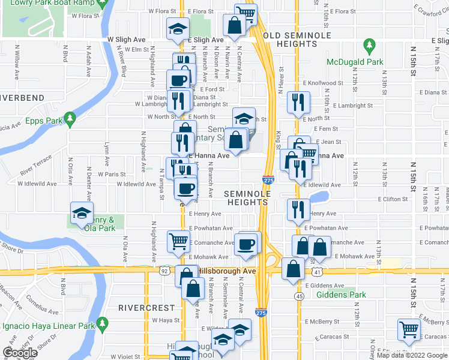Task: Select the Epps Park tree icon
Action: tap(70, 119)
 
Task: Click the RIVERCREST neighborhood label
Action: tap(138, 308)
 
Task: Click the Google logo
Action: tap(20, 353)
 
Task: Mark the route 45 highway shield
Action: tap(299, 296)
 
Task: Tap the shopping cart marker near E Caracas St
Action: tap(409, 329)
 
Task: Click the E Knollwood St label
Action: tap(323, 83)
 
